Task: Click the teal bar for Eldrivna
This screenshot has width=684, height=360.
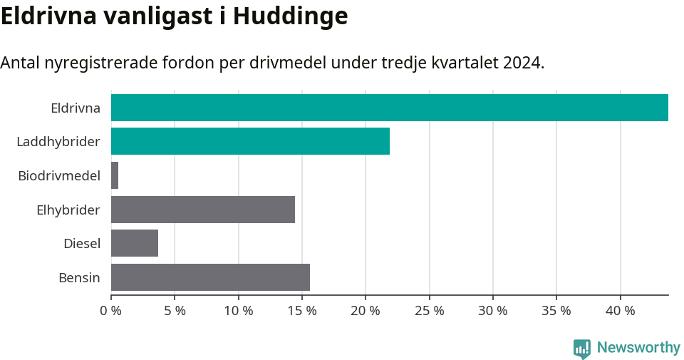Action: pyautogui.click(x=389, y=108)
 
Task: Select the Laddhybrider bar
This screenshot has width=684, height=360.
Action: pyautogui.click(x=250, y=141)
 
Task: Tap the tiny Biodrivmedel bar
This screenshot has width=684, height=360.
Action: pyautogui.click(x=115, y=175)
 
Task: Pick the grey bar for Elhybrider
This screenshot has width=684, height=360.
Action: pyautogui.click(x=203, y=210)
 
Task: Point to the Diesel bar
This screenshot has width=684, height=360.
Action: pyautogui.click(x=135, y=243)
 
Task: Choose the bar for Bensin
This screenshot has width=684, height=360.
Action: pyautogui.click(x=210, y=277)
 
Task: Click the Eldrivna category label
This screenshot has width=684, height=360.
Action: pyautogui.click(x=75, y=108)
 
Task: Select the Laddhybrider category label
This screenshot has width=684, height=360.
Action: pyautogui.click(x=58, y=142)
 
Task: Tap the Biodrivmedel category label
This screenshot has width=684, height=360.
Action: pyautogui.click(x=58, y=176)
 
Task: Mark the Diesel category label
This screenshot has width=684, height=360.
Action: pyautogui.click(x=81, y=244)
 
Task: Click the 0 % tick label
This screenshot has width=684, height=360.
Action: pyautogui.click(x=111, y=311)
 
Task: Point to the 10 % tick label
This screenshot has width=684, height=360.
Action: pyautogui.click(x=238, y=311)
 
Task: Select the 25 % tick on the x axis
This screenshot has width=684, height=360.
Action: pyautogui.click(x=429, y=311)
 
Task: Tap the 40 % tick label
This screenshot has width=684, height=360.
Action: pyautogui.click(x=620, y=311)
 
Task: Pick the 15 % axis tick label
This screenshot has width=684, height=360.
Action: pyautogui.click(x=302, y=311)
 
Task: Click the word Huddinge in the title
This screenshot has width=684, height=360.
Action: pyautogui.click(x=290, y=16)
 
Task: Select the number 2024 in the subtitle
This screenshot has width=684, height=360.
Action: pyautogui.click(x=522, y=63)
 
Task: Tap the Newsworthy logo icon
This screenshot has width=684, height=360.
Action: pyautogui.click(x=581, y=349)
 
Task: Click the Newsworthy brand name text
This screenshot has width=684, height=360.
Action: pyautogui.click(x=638, y=348)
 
